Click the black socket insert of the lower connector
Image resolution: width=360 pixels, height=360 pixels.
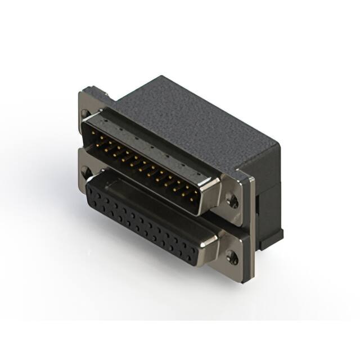146,219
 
